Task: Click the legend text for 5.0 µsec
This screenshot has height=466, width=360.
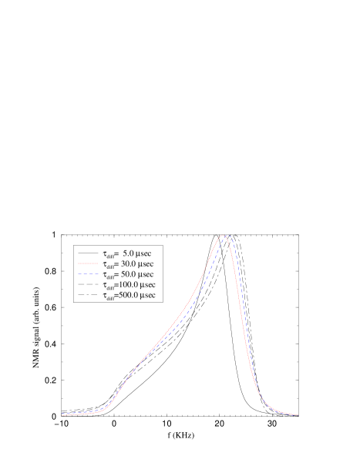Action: (129, 253)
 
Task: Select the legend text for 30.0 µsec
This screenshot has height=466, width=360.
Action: (129, 263)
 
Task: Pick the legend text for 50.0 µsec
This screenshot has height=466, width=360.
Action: (129, 274)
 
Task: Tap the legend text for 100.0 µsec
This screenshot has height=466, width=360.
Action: (129, 285)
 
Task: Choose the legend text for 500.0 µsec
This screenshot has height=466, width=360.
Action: (129, 296)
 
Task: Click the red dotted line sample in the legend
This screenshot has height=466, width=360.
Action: (88, 263)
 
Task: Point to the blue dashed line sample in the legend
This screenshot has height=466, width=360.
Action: (88, 274)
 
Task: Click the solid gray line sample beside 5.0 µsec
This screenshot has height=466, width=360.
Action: (88, 253)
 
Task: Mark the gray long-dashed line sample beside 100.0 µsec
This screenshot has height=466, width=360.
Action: (88, 285)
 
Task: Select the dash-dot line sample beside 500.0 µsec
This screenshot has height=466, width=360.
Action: (88, 296)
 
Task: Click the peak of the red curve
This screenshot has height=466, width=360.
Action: (223, 236)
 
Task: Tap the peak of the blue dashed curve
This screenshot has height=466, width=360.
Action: (228, 236)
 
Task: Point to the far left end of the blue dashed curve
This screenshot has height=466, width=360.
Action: (63, 413)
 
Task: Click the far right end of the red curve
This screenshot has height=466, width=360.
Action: (298, 415)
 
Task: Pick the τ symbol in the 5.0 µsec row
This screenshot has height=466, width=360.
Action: (105, 253)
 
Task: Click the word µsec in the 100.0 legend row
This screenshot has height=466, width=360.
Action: (147, 285)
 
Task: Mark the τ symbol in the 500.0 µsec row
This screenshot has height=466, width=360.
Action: (105, 296)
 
